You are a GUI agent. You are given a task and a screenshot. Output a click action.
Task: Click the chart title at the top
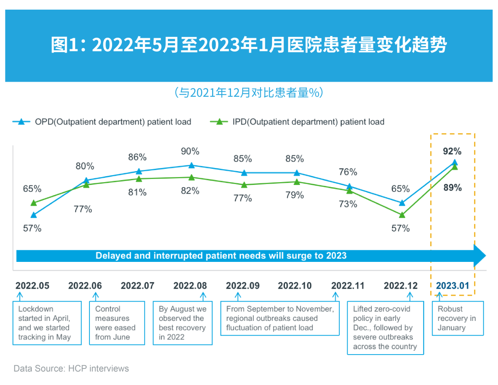(249, 46)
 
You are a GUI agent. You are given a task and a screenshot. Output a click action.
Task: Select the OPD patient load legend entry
(102, 122)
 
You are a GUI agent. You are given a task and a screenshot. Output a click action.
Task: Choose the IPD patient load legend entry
(297, 122)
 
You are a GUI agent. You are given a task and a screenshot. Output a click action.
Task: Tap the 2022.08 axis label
(190, 286)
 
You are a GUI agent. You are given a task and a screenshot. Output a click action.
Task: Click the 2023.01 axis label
(452, 286)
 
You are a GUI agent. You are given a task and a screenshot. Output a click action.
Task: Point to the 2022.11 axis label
(348, 286)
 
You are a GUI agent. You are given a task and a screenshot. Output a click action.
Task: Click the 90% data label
(190, 151)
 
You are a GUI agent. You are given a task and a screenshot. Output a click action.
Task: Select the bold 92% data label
(452, 151)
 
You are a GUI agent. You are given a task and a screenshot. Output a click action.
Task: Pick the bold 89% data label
(452, 188)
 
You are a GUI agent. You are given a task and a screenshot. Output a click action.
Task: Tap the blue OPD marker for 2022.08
(191, 165)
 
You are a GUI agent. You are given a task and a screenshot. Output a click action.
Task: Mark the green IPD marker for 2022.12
(402, 215)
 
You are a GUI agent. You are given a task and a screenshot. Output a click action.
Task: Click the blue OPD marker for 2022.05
(34, 215)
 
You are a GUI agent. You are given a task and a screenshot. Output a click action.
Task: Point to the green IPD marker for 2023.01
(455, 167)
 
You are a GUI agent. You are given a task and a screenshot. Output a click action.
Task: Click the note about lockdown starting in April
(47, 323)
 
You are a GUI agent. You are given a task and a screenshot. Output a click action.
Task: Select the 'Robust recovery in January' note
(457, 318)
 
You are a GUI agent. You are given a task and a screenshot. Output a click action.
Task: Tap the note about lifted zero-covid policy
(385, 327)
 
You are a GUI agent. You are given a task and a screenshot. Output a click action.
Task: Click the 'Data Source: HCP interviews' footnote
(71, 368)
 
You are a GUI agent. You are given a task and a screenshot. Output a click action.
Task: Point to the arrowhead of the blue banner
(480, 255)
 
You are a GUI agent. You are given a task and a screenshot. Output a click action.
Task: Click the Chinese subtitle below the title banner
(249, 93)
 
